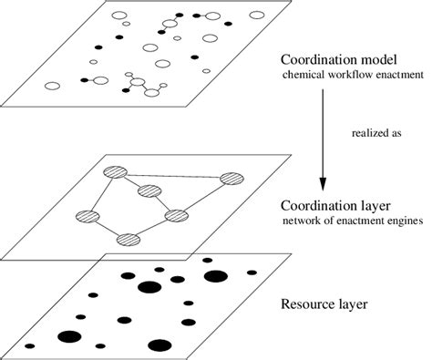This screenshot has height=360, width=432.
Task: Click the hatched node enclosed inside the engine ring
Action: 149,191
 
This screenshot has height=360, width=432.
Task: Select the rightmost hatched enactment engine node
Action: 231,179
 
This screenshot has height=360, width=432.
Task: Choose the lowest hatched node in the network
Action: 129,240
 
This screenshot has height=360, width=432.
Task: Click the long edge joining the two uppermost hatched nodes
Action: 172,175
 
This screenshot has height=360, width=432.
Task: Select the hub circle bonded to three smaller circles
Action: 139,85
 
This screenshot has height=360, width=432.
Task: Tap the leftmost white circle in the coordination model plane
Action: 53,87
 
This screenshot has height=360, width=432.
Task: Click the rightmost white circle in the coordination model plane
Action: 257,15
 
